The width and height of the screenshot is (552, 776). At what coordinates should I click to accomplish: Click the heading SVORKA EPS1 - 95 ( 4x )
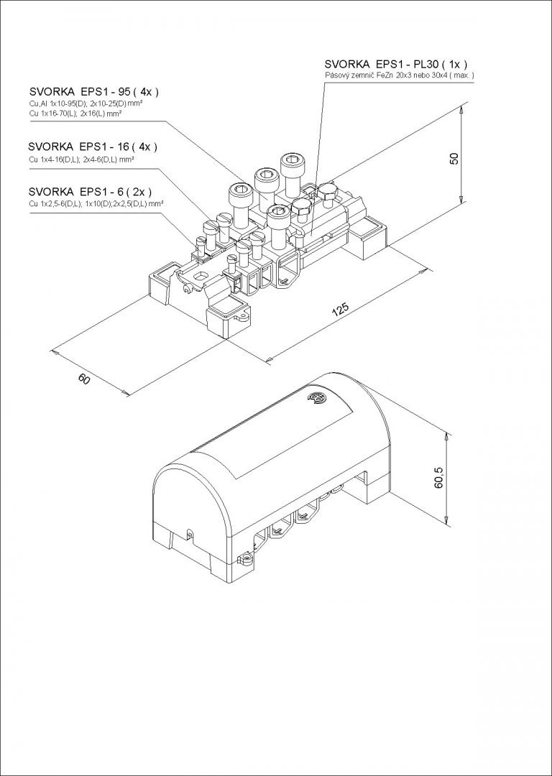(94, 91)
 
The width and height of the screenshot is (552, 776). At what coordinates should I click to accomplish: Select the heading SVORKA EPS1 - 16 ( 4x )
(93, 147)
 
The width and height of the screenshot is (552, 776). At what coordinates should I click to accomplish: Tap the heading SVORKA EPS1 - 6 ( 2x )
(90, 192)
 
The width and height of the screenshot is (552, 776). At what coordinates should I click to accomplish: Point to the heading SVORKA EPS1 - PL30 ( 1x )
(396, 64)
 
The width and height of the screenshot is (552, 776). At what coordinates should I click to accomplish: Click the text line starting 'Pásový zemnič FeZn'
(400, 75)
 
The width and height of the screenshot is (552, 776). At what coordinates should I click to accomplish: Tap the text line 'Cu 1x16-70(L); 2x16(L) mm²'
(75, 114)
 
